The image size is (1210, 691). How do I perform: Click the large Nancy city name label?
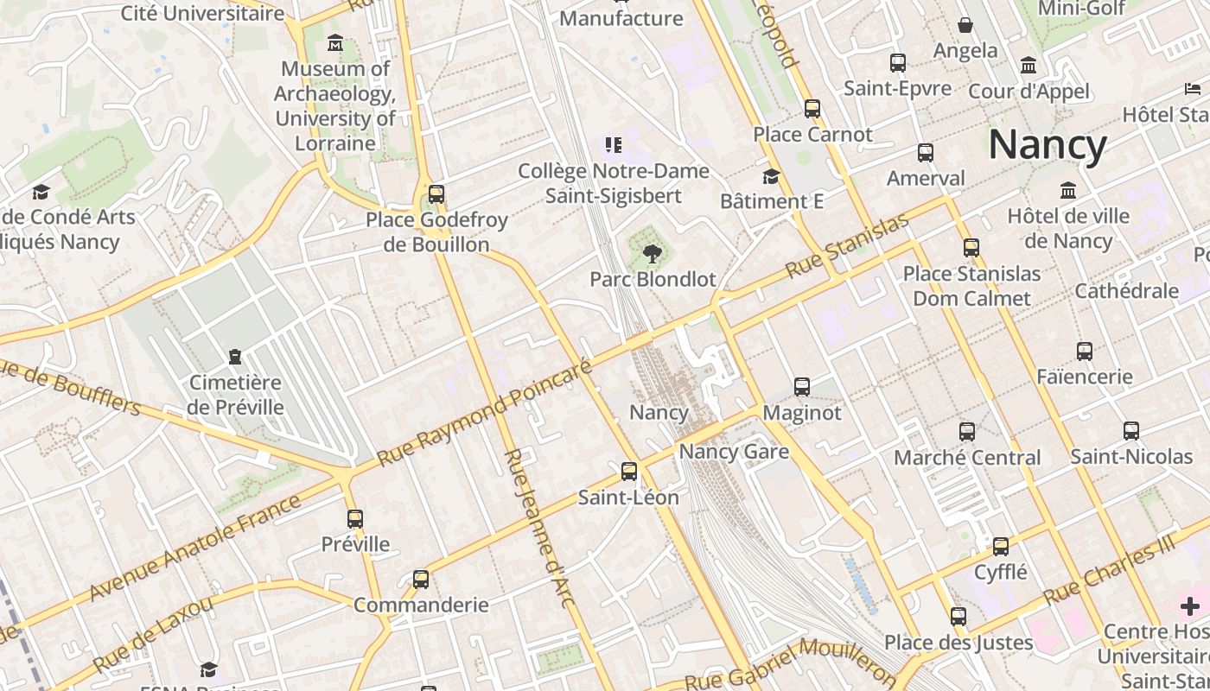coord(1047,144)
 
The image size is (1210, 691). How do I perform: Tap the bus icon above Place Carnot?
coord(812,109)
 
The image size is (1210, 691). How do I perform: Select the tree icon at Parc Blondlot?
coord(653,253)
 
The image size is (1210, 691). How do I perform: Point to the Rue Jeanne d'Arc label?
coord(538,528)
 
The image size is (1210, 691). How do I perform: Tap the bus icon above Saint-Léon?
coord(629,472)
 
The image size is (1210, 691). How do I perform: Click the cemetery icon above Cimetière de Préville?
coord(234,356)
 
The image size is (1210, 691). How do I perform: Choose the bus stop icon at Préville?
coord(355,519)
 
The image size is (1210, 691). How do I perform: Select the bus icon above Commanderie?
coord(421,579)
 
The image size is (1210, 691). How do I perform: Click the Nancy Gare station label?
coord(734,452)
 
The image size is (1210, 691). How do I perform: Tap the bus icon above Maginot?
coord(802,387)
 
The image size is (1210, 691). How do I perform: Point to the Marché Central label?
coord(967,458)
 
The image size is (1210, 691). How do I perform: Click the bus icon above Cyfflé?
coord(1001,547)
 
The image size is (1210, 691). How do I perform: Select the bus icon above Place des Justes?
coord(958,617)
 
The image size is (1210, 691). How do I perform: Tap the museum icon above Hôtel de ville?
coord(1068,190)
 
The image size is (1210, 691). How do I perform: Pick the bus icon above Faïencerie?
coord(1085,352)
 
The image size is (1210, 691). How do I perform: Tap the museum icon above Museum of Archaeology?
coord(335,43)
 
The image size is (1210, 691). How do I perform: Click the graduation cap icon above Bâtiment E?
coord(771,176)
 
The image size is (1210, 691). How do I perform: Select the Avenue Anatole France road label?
coord(195,548)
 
